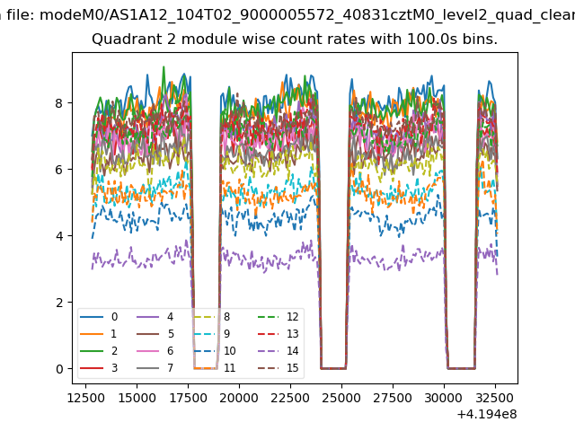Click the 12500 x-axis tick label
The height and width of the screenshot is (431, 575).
84,395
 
